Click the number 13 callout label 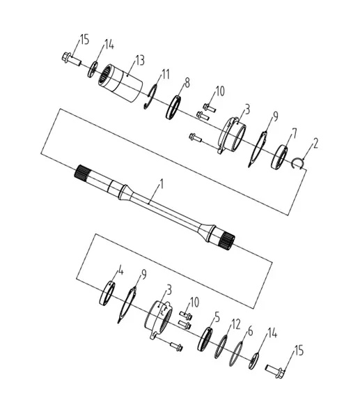(x=140, y=61)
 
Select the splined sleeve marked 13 (x=120, y=82)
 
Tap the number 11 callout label (x=165, y=75)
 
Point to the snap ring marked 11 (x=151, y=97)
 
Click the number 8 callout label (x=187, y=83)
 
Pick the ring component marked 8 (x=173, y=107)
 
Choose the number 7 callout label (x=294, y=133)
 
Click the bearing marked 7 (x=279, y=157)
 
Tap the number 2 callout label (x=315, y=144)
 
